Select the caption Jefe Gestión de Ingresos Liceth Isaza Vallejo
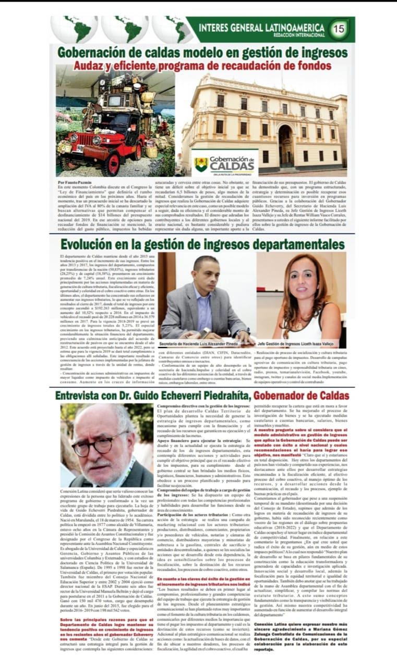(302, 345)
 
